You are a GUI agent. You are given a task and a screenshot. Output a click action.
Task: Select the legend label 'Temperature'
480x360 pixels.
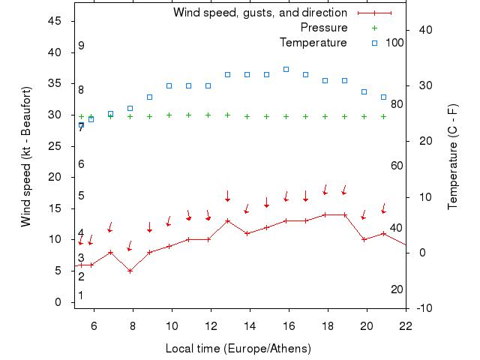coord(313,42)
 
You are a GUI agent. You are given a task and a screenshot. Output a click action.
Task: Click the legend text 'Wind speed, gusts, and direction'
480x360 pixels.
coord(259,13)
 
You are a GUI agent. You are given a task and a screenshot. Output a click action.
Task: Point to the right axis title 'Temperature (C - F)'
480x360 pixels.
coord(452,157)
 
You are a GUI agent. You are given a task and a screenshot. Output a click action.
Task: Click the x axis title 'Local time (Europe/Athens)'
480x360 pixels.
coord(238,349)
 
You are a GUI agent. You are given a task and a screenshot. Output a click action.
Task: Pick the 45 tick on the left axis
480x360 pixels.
coord(55,21)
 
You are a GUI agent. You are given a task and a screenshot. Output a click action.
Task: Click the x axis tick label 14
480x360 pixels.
coord(250,326)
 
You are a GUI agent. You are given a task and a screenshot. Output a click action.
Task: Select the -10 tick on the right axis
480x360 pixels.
coord(424,308)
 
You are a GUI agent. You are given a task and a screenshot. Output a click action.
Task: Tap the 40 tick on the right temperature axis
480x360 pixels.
coord(424,30)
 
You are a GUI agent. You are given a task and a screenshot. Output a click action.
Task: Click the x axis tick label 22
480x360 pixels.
coord(406,326)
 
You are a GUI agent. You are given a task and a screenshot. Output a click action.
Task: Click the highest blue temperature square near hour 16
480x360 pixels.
coord(286,69)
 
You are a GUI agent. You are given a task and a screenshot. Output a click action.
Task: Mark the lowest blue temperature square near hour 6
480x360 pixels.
coord(91,119)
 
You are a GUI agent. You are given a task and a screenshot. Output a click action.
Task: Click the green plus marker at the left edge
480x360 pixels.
coord(81,116)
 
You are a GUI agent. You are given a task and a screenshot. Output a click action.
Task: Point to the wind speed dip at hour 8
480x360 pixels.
coord(130,271)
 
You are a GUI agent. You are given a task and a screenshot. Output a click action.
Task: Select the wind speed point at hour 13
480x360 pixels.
coord(227,220)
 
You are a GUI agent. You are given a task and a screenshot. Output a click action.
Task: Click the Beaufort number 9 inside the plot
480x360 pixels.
coord(81,46)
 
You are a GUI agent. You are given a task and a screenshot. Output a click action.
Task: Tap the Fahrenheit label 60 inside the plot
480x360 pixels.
coord(397,166)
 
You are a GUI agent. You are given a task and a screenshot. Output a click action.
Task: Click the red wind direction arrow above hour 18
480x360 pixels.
coord(325,189)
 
